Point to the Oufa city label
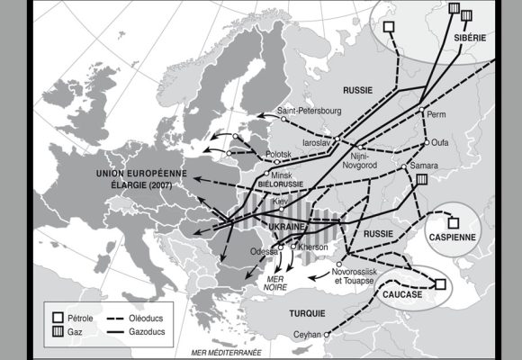(x=441, y=141)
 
